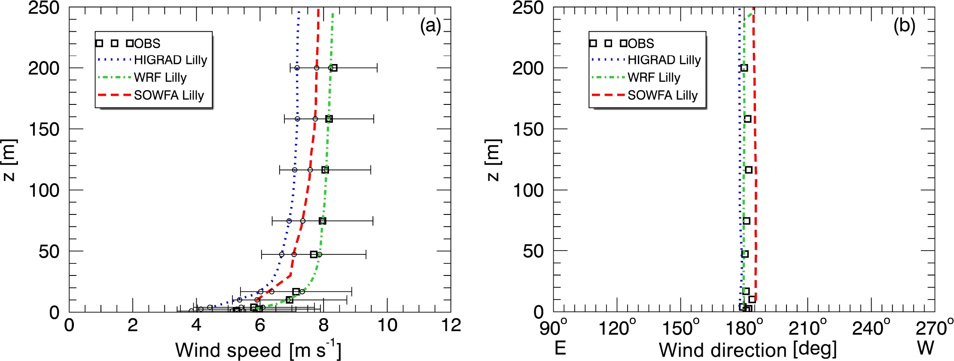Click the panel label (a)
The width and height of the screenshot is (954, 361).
pyautogui.click(x=430, y=27)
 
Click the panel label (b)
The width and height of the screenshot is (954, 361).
pyautogui.click(x=905, y=27)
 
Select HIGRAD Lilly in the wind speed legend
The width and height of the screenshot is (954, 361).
pyautogui.click(x=171, y=60)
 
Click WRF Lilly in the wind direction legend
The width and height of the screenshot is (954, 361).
pyautogui.click(x=654, y=77)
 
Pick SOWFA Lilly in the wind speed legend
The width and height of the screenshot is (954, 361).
pyautogui.click(x=169, y=95)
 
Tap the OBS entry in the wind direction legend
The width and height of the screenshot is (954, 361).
pyautogui.click(x=641, y=43)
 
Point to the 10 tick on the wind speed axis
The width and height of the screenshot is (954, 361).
pyautogui.click(x=387, y=325)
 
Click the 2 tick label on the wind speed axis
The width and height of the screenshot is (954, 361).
pyautogui.click(x=132, y=325)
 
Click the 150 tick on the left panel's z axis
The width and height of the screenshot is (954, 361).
pyautogui.click(x=43, y=129)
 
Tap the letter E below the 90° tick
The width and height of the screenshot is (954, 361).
pyautogui.click(x=560, y=348)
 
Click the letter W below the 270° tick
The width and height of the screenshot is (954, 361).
pyautogui.click(x=926, y=348)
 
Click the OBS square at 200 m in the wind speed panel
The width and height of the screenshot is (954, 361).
pyautogui.click(x=334, y=68)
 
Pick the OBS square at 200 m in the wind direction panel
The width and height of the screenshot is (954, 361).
pyautogui.click(x=744, y=68)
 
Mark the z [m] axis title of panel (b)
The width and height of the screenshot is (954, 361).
pyautogui.click(x=494, y=160)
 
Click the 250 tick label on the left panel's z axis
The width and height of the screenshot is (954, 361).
pyautogui.click(x=43, y=8)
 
